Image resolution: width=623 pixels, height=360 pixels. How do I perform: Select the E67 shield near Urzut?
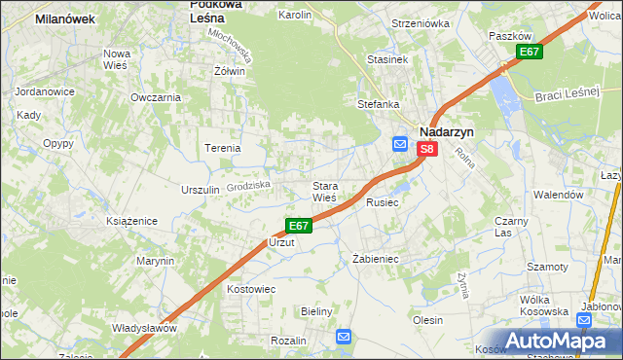(299, 225)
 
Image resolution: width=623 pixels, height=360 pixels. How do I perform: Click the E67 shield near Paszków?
(530, 52)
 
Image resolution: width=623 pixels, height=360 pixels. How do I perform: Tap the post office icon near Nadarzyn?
(400, 144)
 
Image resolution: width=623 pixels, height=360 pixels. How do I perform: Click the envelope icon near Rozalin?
(344, 337)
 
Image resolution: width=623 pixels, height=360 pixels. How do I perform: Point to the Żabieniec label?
(376, 259)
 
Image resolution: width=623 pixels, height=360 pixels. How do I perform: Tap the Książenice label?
(131, 222)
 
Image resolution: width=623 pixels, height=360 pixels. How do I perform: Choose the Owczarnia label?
(156, 97)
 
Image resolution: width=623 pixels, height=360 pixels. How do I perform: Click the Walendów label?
(558, 195)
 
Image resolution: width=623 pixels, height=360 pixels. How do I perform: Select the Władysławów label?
(144, 328)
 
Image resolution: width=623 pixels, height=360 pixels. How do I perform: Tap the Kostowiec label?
(251, 289)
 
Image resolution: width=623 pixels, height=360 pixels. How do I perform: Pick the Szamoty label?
(547, 267)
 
